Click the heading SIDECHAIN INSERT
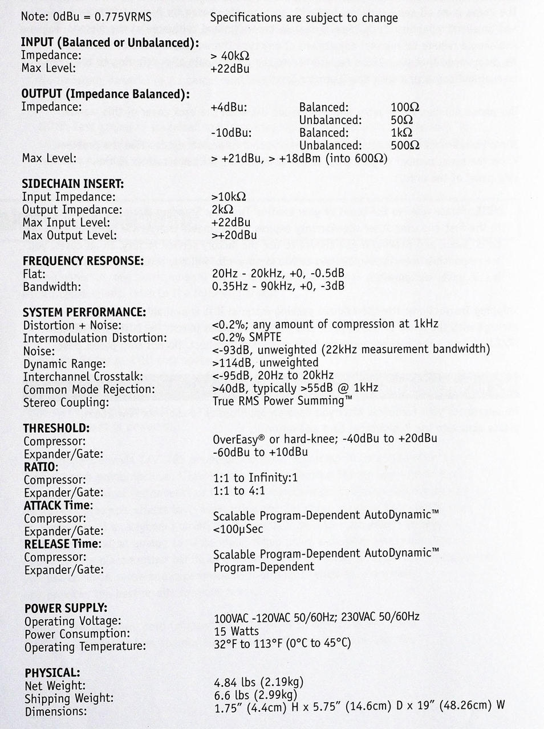coord(72,183)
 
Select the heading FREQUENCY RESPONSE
coord(83,261)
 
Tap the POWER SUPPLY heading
coord(66,608)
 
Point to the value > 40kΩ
coord(230,56)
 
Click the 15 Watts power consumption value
coord(236,631)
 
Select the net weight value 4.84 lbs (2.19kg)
coord(258,682)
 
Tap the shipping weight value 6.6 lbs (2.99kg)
coord(255,694)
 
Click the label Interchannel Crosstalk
coord(83,376)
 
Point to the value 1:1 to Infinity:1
coord(255,478)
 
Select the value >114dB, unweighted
coord(265,362)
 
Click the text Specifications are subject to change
coord(304,18)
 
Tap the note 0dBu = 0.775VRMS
coord(86,17)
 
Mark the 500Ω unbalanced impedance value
coord(405,145)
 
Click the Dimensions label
coord(55,711)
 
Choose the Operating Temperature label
coord(85,646)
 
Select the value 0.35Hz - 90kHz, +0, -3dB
coord(278,286)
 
